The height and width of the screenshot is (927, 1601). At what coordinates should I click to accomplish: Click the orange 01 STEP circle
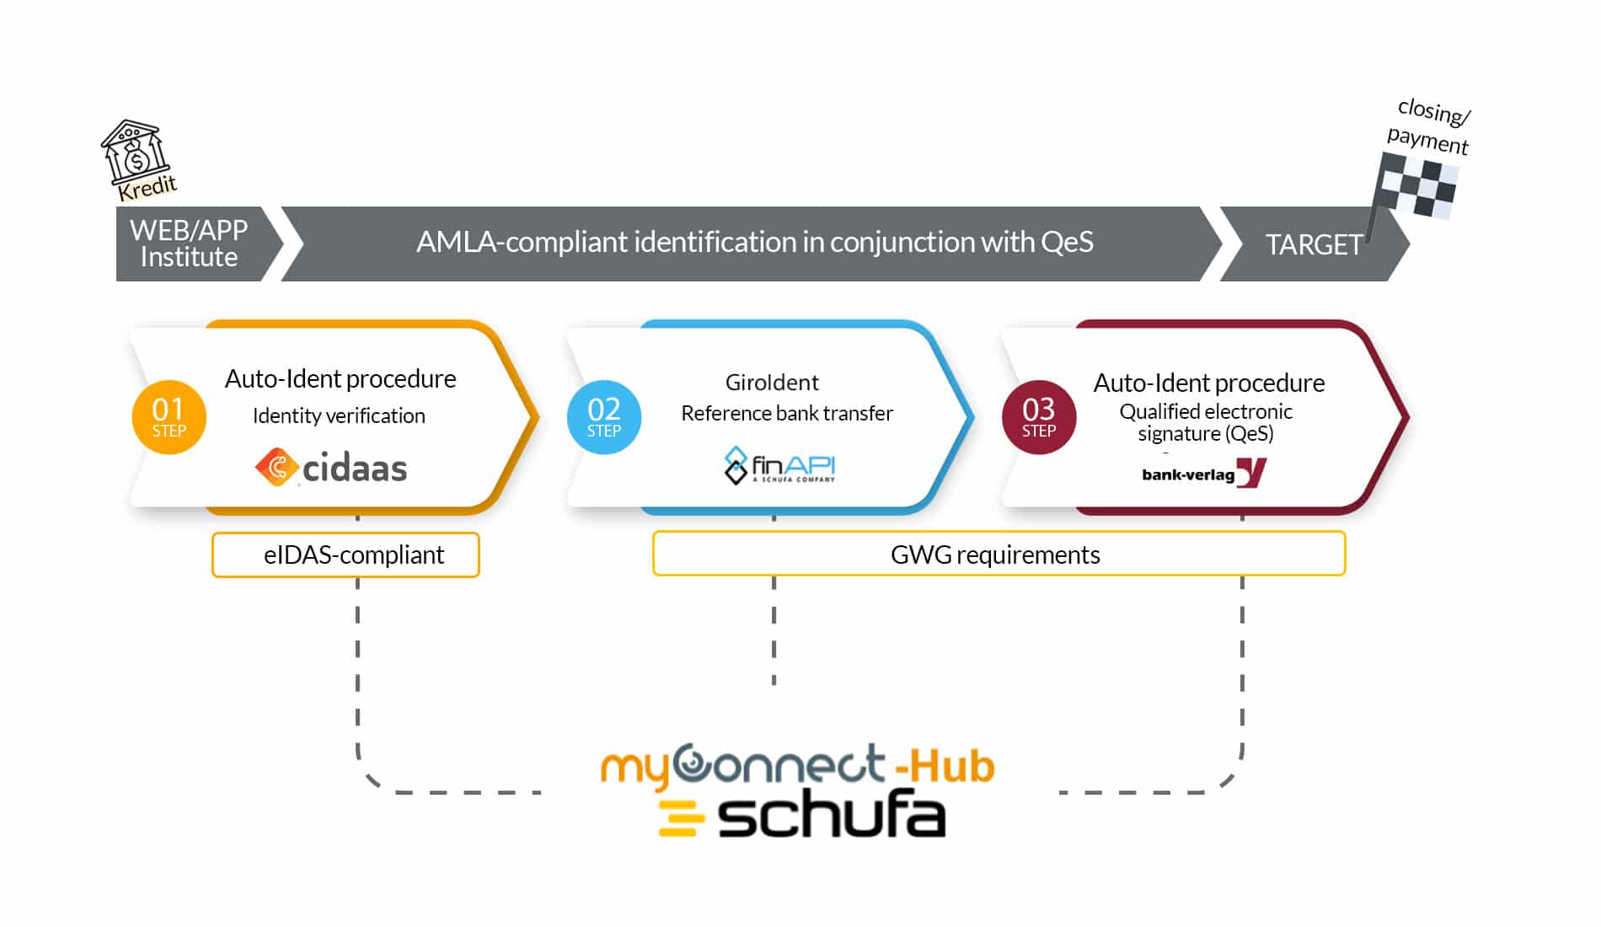(x=169, y=417)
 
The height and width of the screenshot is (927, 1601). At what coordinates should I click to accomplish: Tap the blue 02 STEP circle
(x=603, y=417)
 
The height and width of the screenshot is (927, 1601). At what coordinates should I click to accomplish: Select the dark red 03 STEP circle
(x=1038, y=417)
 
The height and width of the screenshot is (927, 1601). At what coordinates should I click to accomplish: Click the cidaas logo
(x=331, y=468)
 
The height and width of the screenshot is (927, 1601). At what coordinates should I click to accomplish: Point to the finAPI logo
(x=779, y=466)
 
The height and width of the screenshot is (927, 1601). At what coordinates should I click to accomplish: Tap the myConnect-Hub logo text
(x=796, y=765)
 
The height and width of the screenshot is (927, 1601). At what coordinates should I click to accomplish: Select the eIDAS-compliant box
(x=345, y=555)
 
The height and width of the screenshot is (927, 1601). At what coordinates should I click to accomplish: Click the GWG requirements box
(x=999, y=555)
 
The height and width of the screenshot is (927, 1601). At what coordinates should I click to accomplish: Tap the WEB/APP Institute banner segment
(x=190, y=244)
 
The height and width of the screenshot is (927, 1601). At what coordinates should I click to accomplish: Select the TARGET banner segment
(x=1312, y=244)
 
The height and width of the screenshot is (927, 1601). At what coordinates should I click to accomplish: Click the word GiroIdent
(x=772, y=383)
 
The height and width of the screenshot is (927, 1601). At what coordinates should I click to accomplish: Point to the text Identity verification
(x=339, y=415)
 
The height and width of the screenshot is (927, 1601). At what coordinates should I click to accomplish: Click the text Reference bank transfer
(x=786, y=413)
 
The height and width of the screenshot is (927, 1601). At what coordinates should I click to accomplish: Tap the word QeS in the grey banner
(x=1067, y=243)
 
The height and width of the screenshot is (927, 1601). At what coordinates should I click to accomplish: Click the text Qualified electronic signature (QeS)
(x=1206, y=422)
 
